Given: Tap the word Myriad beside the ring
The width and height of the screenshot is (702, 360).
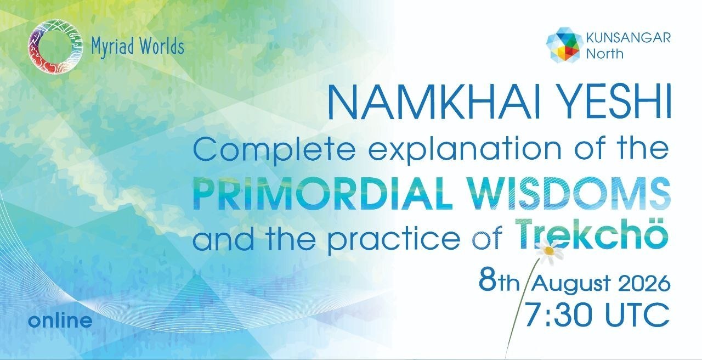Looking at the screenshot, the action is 113,47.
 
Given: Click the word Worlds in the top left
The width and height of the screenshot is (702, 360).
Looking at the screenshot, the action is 162,46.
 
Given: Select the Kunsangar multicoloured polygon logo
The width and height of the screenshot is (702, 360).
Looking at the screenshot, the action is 564,44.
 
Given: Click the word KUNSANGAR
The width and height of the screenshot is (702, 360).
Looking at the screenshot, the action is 629,38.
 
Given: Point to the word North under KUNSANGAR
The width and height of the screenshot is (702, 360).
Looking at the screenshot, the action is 604,54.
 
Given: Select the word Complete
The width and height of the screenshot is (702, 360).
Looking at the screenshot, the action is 274,150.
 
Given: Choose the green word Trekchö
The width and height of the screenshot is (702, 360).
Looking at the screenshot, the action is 591,234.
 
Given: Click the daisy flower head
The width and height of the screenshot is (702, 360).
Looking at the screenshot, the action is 549,250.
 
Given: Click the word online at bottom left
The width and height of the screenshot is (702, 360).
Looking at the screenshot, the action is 60,320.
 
